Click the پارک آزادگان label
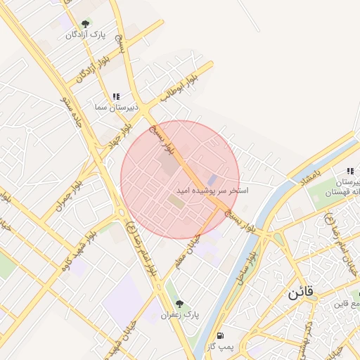pyautogui.click(x=85, y=34)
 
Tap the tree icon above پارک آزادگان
pyautogui.click(x=86, y=24)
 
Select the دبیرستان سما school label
pyautogui.click(x=110, y=107)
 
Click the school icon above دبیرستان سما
pyautogui.click(x=116, y=96)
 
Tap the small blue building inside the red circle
pyautogui.click(x=212, y=180)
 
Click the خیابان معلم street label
pyautogui.click(x=188, y=250)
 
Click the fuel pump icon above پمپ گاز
pyautogui.click(x=221, y=336)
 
